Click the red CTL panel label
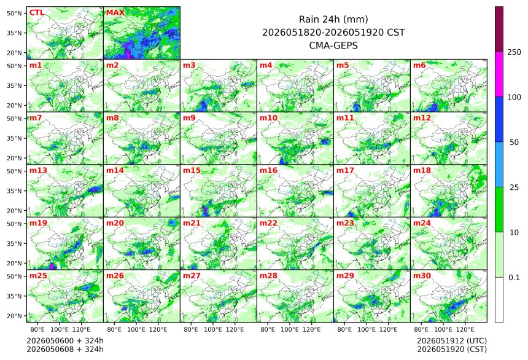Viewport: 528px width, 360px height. point(37,13)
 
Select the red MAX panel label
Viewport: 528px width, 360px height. point(115,13)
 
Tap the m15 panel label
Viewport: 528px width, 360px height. point(192,171)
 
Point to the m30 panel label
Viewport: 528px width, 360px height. point(422,276)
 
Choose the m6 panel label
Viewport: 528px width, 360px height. point(419,65)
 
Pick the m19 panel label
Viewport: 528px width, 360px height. point(39,223)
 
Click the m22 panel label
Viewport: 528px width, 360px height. point(268,223)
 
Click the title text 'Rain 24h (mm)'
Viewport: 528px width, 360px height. point(333,19)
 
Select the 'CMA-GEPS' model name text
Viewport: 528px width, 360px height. point(333,45)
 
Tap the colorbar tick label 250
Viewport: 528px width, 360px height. point(514,52)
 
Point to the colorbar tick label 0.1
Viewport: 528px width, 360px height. point(514,278)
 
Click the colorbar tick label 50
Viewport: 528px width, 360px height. point(514,143)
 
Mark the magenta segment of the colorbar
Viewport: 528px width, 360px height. point(499,74)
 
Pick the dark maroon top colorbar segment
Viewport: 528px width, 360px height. point(499,29)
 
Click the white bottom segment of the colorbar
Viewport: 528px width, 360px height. point(499,300)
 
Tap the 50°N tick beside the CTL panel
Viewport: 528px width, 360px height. point(14,13)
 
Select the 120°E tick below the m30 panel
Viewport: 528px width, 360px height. point(465,329)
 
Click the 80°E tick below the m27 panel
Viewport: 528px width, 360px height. point(191,329)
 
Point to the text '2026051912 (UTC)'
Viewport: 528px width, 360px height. point(452,341)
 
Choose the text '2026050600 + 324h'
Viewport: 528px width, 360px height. point(65,341)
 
